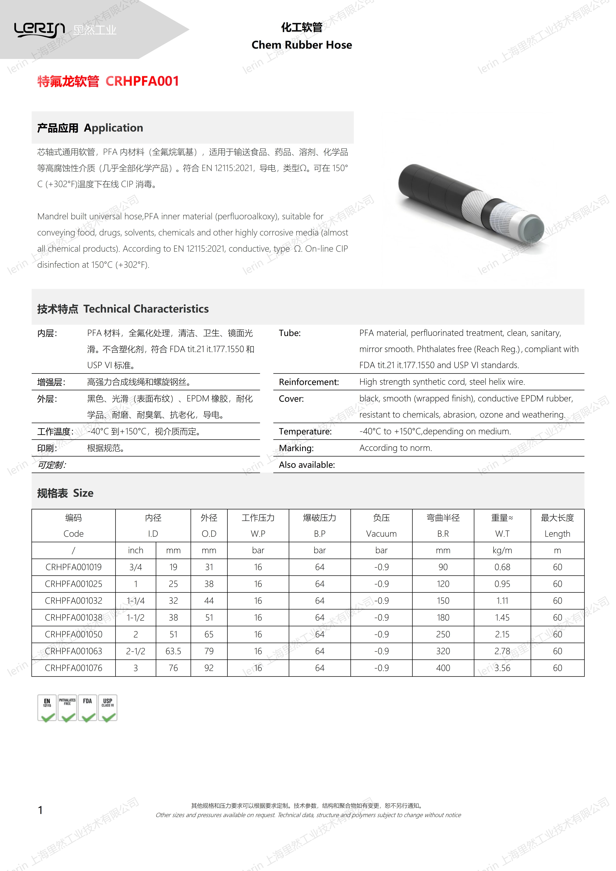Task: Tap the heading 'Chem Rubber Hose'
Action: point(302,45)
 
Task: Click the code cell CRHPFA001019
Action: point(74,567)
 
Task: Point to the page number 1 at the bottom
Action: point(40,810)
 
